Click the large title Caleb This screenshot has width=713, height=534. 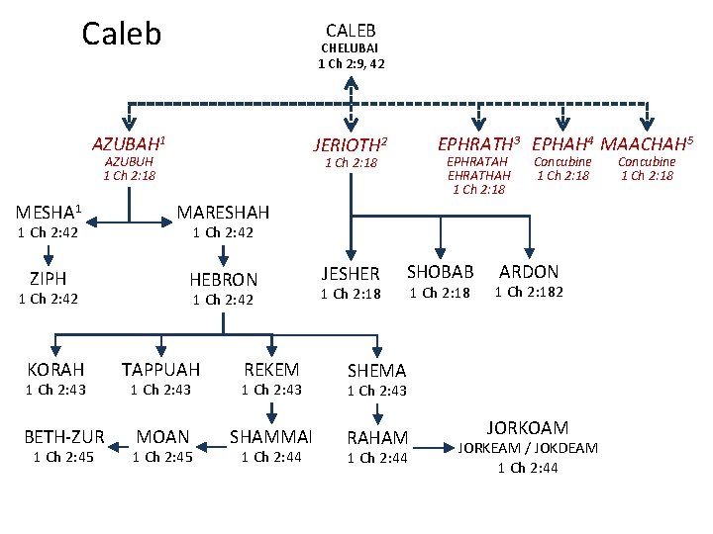[122, 34]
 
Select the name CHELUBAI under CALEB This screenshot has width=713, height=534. [350, 47]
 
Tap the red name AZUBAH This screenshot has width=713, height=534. [126, 144]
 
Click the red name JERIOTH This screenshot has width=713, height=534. [348, 145]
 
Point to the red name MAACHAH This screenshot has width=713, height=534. [644, 144]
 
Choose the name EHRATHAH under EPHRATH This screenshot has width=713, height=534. [479, 175]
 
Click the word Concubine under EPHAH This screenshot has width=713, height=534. [562, 161]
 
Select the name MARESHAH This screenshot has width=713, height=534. [223, 213]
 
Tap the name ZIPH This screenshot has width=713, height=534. [49, 278]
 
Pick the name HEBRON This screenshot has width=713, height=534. [223, 280]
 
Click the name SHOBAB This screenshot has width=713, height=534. [440, 272]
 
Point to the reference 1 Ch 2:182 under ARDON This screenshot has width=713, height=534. [529, 292]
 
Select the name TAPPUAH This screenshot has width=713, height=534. [160, 370]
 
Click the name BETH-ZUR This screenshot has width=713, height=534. [64, 437]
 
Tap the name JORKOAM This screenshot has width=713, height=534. [528, 428]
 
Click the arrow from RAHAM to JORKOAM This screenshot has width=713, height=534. [434, 448]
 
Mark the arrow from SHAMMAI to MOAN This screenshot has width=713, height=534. [211, 447]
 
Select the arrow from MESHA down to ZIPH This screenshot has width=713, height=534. [49, 256]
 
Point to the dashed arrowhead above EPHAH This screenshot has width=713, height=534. [562, 124]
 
